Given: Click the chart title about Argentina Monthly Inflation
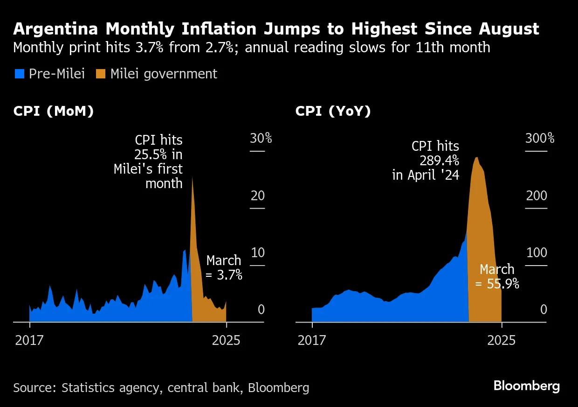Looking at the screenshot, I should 276,29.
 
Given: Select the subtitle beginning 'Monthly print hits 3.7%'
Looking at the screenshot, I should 252,48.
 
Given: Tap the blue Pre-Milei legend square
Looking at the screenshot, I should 19,74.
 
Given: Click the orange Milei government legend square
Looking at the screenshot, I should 101,74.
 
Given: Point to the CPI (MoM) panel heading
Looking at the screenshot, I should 54,112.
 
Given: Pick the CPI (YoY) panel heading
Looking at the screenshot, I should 333,112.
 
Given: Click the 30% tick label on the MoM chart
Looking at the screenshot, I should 261,139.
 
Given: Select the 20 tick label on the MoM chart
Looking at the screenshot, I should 257,196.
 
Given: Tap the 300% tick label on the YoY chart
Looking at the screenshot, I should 540,139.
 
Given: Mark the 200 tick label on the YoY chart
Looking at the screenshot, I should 537,196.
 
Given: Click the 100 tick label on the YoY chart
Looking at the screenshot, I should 536,253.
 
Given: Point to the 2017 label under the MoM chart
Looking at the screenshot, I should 29,340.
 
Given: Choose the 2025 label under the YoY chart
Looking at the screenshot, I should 501,340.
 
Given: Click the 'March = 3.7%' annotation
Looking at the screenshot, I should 224,267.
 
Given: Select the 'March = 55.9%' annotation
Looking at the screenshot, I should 497,276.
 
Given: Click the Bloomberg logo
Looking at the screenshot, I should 526,386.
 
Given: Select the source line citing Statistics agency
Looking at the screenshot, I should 161,387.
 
